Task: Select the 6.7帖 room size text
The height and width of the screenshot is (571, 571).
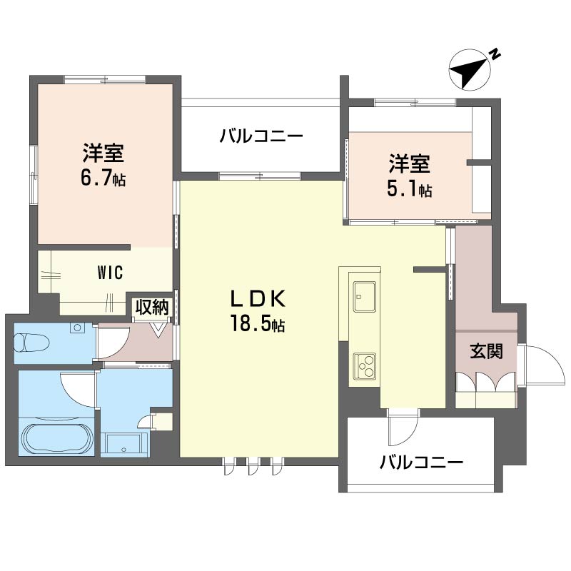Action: [103, 178]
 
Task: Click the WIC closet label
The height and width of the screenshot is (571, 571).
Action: [111, 272]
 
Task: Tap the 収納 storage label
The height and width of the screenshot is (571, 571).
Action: [152, 308]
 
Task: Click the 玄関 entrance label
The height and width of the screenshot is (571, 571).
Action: [485, 352]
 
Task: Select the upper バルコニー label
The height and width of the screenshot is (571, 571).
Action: [262, 135]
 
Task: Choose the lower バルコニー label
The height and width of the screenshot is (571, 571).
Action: [421, 463]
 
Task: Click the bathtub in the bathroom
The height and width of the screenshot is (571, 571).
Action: [57, 438]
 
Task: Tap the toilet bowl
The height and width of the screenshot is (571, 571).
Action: [32, 342]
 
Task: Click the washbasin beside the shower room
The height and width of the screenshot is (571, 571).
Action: [124, 443]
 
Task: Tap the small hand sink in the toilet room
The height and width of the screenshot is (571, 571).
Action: [76, 328]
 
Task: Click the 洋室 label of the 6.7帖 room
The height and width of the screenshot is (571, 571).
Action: [103, 153]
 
